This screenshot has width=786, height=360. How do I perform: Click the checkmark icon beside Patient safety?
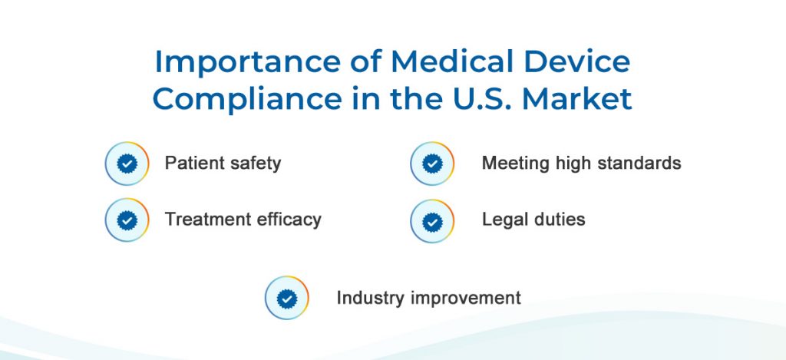127,163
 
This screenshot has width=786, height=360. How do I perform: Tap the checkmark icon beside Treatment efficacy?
127,220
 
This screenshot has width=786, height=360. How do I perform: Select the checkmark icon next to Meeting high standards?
432,163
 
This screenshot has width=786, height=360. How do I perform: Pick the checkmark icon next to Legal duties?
432,221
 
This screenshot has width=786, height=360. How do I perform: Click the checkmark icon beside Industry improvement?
287,298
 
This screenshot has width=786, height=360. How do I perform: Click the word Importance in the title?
248,61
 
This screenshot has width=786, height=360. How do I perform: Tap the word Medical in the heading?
452,61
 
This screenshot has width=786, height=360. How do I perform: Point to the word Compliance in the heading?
247,99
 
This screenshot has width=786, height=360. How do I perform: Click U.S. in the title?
480,99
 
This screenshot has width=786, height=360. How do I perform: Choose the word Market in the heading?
576,99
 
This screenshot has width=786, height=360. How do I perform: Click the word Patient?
194,163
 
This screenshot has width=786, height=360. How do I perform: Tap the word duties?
559,219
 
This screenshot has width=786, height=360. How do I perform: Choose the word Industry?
371,299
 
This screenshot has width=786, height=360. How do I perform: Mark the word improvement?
466,299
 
